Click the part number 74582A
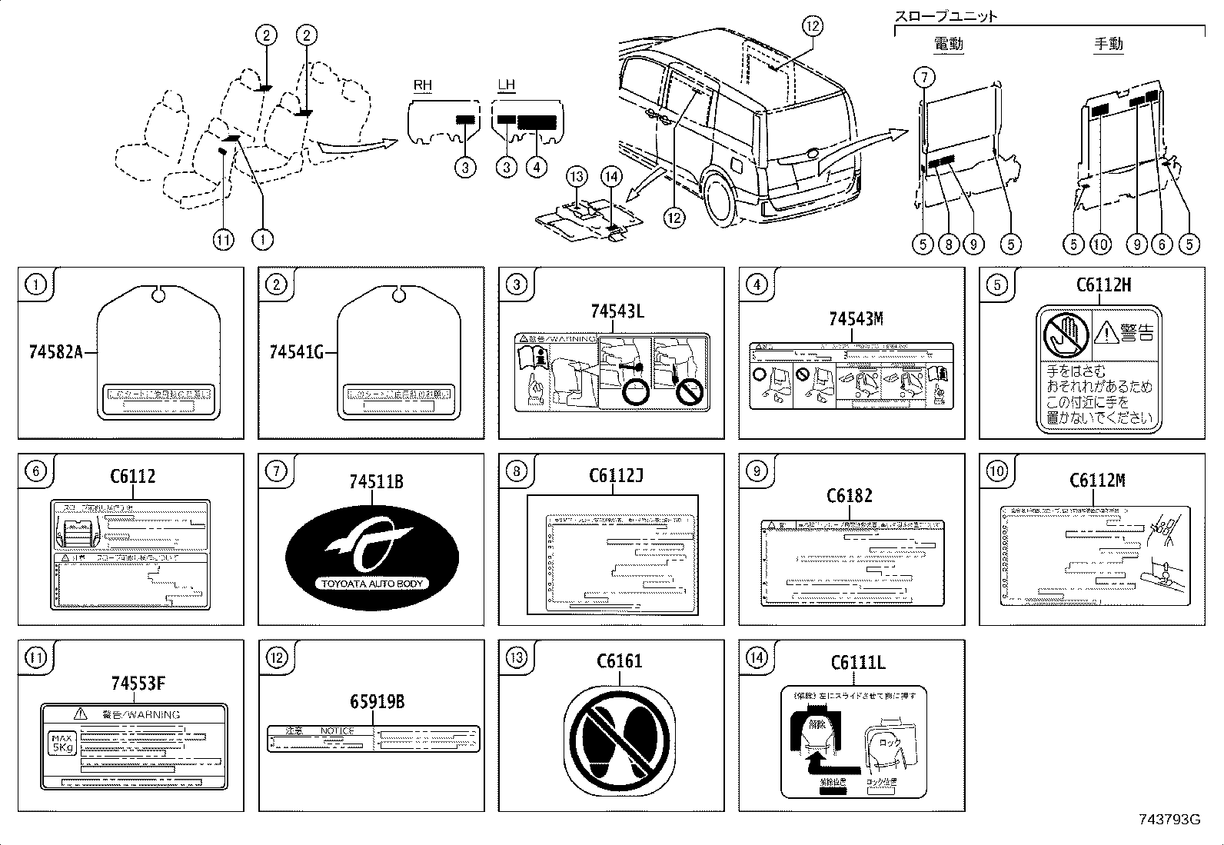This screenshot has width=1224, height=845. coord(56,352)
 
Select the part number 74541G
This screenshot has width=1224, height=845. coord(297,352)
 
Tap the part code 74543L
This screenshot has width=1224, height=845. coord(617,311)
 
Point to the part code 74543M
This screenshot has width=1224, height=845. coord(856,319)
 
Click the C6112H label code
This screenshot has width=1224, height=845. coord(1103,285)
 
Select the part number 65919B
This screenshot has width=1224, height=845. coord(377,702)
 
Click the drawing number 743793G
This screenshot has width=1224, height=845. coord(1169,820)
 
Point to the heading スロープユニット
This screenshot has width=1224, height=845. coord(946,15)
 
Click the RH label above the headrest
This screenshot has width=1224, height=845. coord(423,85)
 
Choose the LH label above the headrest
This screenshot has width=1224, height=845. coord(506,85)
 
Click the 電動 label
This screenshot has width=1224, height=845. coord(948,44)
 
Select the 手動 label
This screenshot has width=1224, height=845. coord(1108,44)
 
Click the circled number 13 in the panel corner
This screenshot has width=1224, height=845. coord(517,657)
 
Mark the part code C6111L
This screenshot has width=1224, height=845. coord(858,662)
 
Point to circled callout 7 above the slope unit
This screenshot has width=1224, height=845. coord(924,77)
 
